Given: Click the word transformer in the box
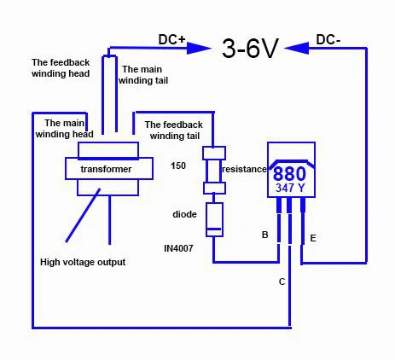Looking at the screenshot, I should pos(106,169).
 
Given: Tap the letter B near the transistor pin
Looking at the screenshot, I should pos(264,233).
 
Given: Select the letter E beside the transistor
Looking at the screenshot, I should pos(313,238).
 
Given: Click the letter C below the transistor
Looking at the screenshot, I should pos(282,281).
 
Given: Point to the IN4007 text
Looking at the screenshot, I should pos(181,247).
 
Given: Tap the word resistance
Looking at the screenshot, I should pos(245,169).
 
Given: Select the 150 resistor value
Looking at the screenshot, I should pos(178,165).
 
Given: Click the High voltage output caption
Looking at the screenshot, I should pos(83,262).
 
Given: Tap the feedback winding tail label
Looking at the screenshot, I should pos(177,130).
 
